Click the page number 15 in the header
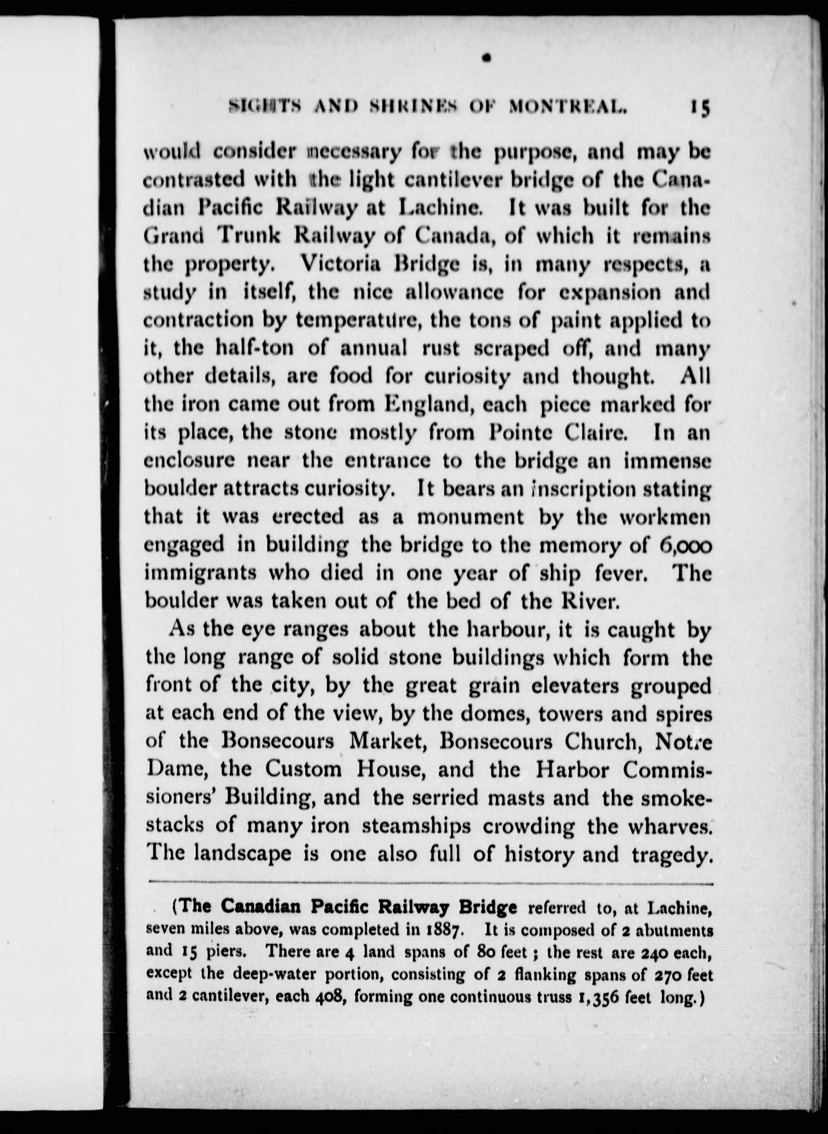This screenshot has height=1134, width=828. (699, 122)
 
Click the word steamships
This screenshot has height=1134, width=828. (416, 826)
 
